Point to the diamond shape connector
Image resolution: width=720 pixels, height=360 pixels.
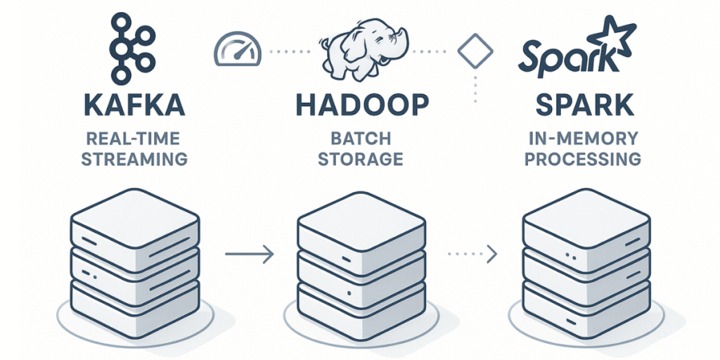click(472, 51)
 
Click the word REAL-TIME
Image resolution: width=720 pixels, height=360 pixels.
click(134, 139)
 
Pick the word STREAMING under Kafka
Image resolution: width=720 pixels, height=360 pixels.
click(134, 159)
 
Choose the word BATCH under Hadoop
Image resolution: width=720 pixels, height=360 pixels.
click(361, 139)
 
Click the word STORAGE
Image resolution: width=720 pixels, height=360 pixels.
click(361, 159)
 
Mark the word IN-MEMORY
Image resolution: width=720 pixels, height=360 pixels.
click(583, 139)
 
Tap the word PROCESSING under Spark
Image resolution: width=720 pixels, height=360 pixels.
click(583, 159)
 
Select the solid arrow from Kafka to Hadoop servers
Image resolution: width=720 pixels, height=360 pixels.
click(249, 254)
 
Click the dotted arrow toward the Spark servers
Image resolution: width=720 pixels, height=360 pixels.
click(472, 252)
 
